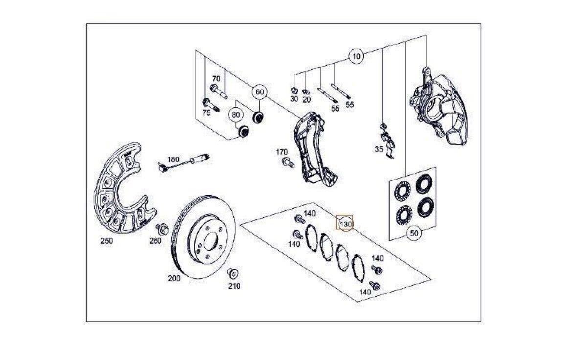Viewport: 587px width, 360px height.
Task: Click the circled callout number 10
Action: pos(356,56)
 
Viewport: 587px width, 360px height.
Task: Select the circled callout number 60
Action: pos(259,91)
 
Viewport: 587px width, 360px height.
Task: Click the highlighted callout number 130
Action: pos(346,224)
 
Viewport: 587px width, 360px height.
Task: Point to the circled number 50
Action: pos(414,234)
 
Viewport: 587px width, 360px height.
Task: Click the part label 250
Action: pos(106,240)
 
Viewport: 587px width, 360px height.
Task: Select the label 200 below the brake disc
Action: pos(174,278)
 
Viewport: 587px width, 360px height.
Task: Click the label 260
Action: pos(155,240)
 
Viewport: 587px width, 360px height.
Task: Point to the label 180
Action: pos(173,159)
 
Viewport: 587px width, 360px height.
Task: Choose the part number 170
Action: pos(282,152)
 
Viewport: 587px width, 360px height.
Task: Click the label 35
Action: pos(379,150)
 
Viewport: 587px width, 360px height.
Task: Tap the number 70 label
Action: pos(216,78)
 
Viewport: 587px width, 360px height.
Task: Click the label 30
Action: pos(294,98)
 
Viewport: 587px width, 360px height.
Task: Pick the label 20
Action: pos(307,99)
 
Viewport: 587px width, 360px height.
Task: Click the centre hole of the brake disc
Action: pos(210,242)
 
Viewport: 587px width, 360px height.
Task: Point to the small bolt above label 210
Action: pos(232,273)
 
